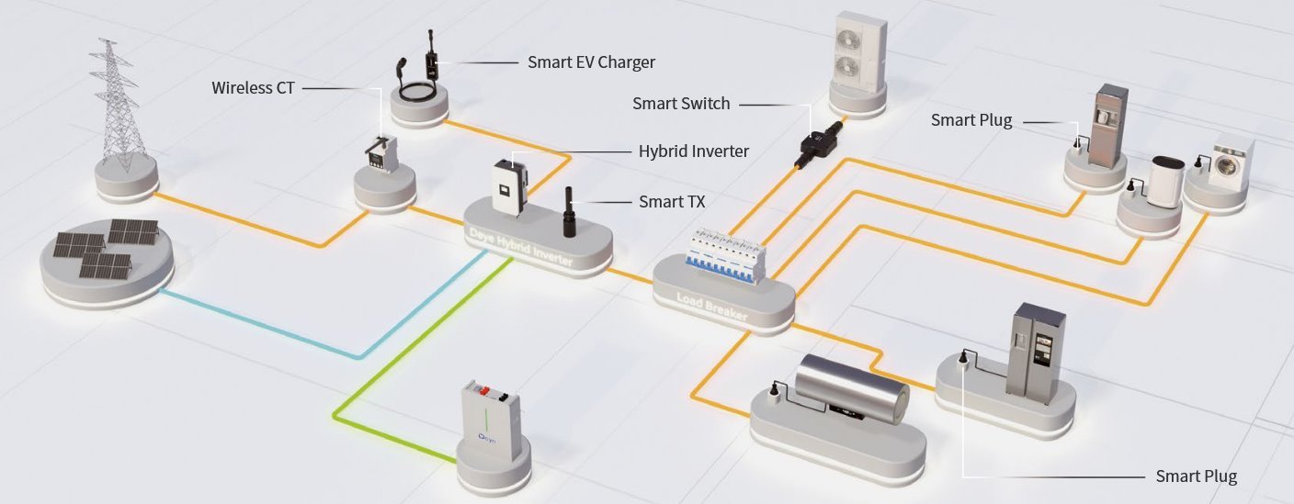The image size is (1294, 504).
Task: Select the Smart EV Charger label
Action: coord(591,62)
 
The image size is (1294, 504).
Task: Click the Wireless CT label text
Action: coord(253,88)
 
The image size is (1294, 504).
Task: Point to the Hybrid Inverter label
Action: coord(693,151)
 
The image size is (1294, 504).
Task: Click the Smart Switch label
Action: coord(681,104)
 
